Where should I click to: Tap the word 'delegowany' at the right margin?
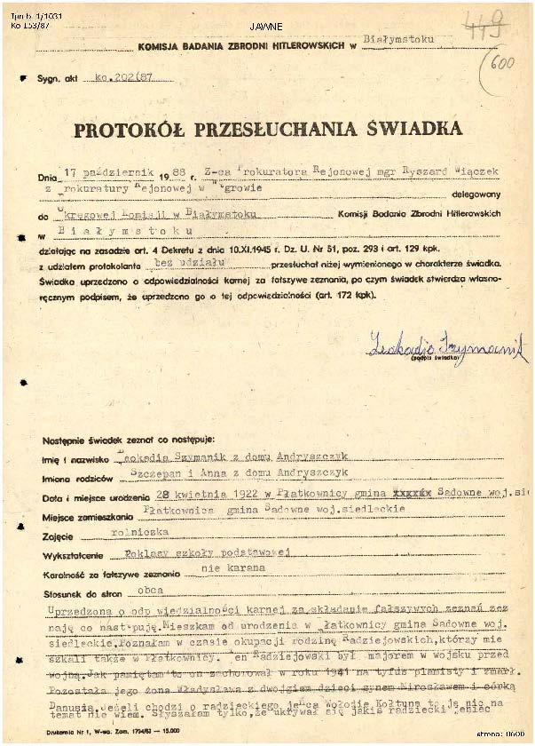(477, 192)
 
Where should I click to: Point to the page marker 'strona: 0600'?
(500, 734)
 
